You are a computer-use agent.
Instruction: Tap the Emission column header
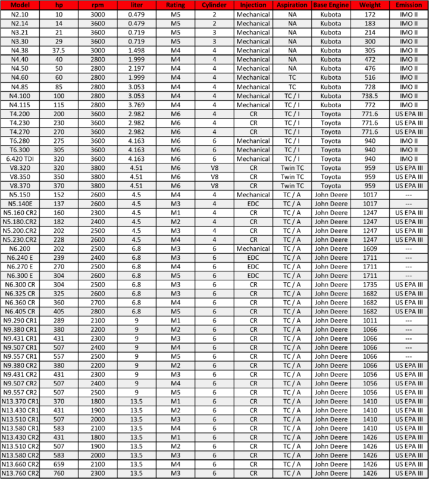[409, 5]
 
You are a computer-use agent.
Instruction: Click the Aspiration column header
[292, 5]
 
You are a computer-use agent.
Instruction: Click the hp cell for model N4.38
[59, 50]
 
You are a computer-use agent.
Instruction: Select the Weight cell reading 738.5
[370, 95]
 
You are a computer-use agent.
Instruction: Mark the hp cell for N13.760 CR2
[59, 473]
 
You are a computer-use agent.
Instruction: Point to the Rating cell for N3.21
[176, 32]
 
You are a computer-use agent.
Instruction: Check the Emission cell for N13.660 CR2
[409, 464]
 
